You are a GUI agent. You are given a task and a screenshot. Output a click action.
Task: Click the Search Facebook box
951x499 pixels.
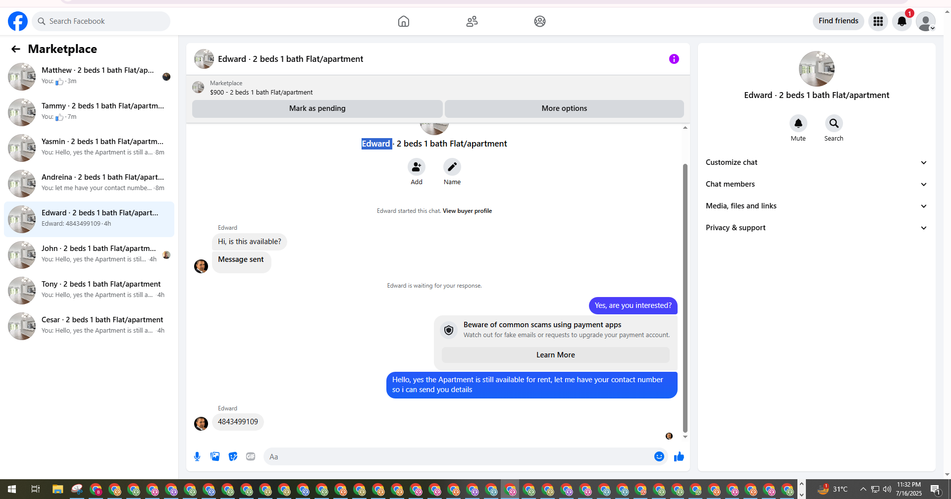[101, 21]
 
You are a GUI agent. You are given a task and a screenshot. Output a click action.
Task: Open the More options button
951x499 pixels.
[564, 108]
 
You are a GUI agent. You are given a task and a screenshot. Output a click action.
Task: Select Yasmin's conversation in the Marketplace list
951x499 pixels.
[89, 148]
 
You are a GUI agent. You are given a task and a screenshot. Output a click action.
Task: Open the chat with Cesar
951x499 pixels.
[89, 326]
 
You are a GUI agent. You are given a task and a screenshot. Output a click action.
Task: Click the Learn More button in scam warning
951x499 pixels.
[555, 355]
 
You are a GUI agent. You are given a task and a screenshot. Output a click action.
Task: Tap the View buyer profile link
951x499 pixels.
[467, 211]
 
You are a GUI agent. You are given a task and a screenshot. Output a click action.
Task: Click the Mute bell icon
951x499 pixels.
[798, 123]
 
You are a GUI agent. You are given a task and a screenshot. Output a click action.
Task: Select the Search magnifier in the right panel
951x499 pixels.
[834, 123]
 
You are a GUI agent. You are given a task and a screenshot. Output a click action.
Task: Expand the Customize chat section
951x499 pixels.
[816, 162]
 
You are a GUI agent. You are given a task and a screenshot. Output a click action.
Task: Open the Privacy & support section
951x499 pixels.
[816, 228]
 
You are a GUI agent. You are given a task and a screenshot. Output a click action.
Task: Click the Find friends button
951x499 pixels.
[838, 21]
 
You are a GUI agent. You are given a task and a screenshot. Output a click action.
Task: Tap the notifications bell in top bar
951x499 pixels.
[902, 21]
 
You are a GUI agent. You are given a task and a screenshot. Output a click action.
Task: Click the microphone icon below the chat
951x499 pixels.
[197, 456]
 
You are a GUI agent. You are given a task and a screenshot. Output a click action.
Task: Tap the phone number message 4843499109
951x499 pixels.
[238, 422]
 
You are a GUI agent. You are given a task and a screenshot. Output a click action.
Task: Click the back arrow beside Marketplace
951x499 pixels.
[16, 49]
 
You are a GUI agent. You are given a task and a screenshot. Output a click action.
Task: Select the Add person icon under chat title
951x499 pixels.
[417, 167]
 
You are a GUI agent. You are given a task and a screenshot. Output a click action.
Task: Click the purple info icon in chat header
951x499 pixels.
[674, 59]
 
